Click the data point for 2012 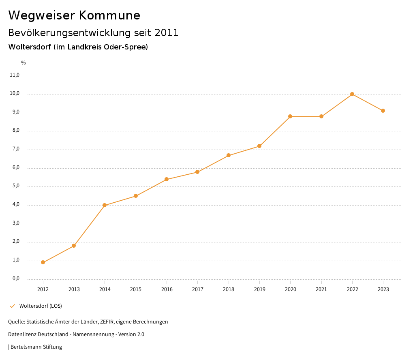43,262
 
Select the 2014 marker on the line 105,205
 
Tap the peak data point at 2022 352,94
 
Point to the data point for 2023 383,111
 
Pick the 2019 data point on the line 259,146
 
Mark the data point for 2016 167,179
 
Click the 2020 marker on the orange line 290,116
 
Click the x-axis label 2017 197,289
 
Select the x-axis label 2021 321,289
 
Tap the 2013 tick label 74,289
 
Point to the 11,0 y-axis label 15,75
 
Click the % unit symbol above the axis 24,63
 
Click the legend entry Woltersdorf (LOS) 41,306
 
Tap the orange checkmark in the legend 12,306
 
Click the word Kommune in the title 109,15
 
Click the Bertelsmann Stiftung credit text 36,347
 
